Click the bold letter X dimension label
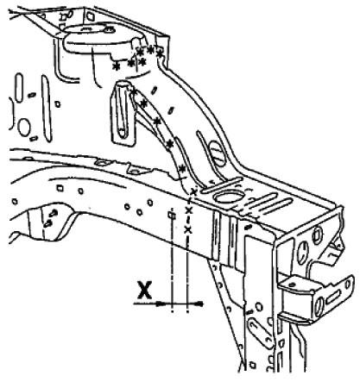tap(144, 291)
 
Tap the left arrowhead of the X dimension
tap(161, 304)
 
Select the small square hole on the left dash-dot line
tap(172, 215)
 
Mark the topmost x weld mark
tap(193, 192)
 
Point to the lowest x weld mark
tap(188, 229)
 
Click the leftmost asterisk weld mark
tap(117, 66)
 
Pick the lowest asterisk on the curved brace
tap(182, 168)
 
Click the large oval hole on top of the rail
tap(229, 197)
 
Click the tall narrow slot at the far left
tap(19, 88)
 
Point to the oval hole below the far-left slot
tap(24, 128)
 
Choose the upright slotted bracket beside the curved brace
tap(123, 113)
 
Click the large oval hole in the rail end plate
tap(301, 253)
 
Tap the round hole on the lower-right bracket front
tap(319, 306)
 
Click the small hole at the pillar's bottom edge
tap(253, 366)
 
